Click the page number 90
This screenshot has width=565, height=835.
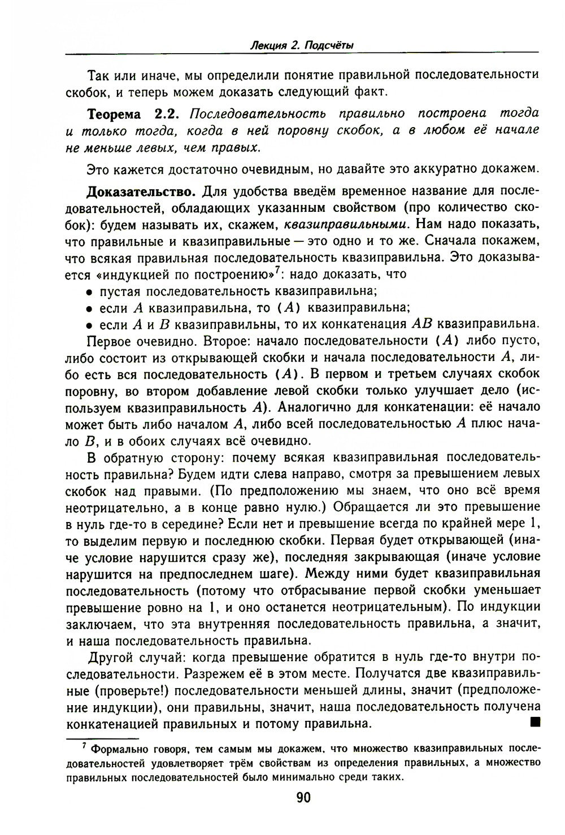tap(303, 798)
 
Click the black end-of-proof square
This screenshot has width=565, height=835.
tap(536, 722)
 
